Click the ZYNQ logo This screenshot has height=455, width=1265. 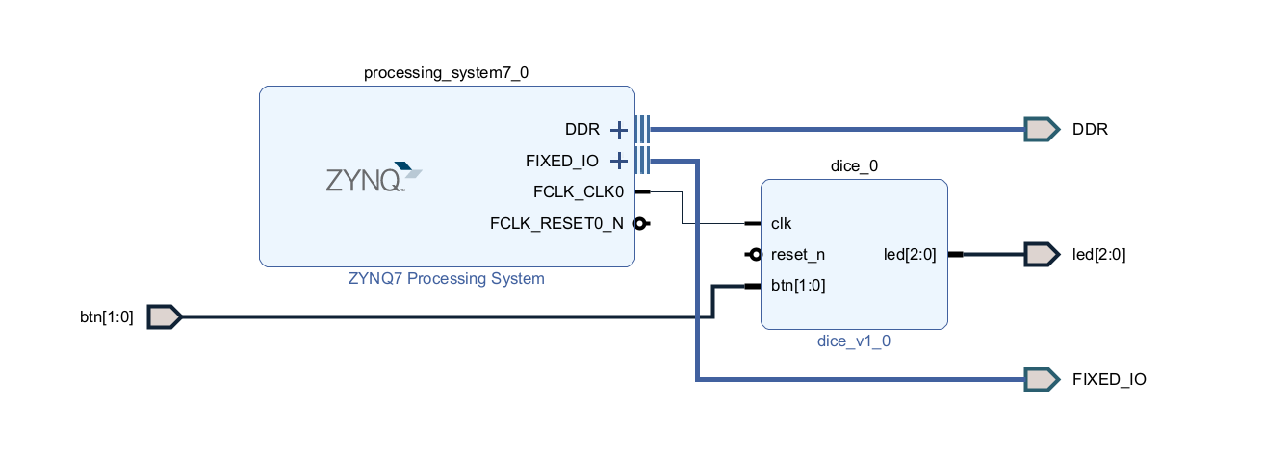(x=374, y=177)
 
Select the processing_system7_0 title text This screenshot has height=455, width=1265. (x=446, y=73)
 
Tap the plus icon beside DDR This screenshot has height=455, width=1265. (x=619, y=130)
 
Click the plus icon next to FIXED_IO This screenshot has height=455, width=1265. (x=619, y=161)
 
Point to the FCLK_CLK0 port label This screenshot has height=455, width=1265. (x=579, y=192)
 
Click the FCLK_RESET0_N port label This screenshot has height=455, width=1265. (x=556, y=223)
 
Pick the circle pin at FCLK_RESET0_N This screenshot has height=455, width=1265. (x=640, y=223)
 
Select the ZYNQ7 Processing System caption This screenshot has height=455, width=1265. (x=446, y=278)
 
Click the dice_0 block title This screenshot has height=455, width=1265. (x=854, y=166)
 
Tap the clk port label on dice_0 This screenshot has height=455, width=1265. (x=781, y=223)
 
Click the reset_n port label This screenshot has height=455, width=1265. (x=797, y=255)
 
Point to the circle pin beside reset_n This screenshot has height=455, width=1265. (x=756, y=255)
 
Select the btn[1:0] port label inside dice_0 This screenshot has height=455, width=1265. (x=798, y=286)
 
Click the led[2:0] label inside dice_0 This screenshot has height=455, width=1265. (x=910, y=255)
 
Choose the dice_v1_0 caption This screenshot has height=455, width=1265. (x=854, y=341)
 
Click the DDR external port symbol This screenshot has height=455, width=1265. (x=1042, y=130)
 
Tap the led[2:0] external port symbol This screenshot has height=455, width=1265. (x=1042, y=255)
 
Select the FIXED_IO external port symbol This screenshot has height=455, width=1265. (x=1042, y=379)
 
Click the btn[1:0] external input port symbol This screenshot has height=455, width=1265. (x=165, y=317)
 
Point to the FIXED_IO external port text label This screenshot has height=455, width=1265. (x=1109, y=379)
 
